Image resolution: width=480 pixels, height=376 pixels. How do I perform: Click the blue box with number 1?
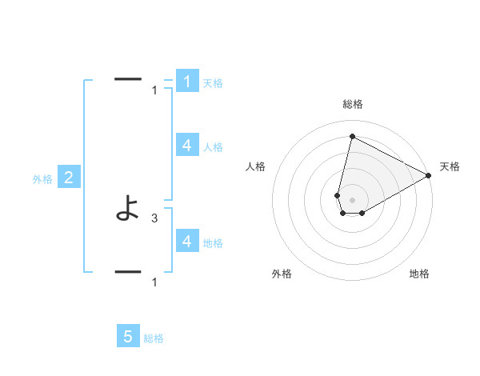point(186,82)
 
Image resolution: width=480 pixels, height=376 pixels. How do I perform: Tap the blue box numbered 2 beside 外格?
point(69,178)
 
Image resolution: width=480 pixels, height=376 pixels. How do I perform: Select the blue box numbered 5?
point(128,337)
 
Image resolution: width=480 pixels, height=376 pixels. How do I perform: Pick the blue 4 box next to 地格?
point(186,241)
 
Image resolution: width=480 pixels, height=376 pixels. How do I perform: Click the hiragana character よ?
point(128,211)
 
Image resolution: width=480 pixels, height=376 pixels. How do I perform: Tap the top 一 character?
point(128,79)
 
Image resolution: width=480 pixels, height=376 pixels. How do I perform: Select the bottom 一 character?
point(128,271)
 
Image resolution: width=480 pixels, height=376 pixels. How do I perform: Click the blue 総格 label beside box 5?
point(154,338)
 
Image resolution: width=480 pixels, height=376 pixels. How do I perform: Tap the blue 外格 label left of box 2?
point(42,180)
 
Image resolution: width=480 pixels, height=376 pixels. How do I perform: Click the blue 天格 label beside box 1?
point(213,83)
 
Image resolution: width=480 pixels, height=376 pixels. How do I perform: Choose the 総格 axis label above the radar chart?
point(353,105)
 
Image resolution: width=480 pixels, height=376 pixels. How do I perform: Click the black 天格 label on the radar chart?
point(450,166)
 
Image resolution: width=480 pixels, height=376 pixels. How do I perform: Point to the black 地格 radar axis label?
point(419,274)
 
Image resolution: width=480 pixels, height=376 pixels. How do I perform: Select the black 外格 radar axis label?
point(282,274)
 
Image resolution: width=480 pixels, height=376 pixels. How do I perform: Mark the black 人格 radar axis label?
point(256,166)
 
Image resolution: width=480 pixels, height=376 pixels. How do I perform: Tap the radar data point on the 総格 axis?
point(352,137)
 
